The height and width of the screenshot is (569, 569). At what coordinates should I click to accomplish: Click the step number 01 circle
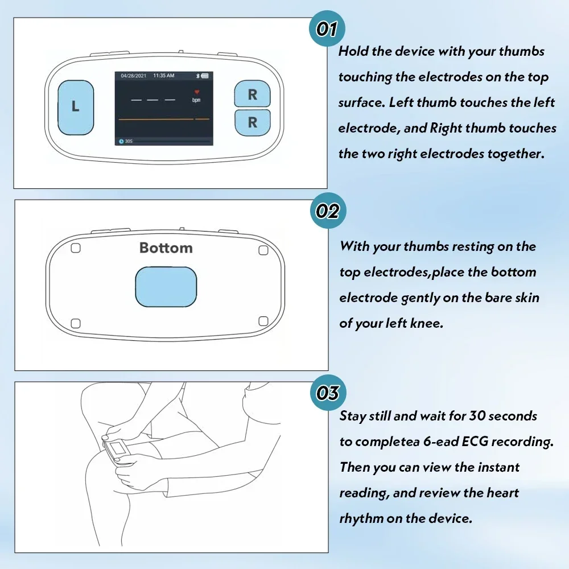(327, 28)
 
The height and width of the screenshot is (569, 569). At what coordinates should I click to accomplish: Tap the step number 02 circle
(328, 211)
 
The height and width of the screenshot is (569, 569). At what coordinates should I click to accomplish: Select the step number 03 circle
(328, 393)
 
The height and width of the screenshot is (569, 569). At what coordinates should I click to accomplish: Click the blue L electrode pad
(76, 108)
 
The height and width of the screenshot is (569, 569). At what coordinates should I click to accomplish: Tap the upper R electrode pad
(252, 94)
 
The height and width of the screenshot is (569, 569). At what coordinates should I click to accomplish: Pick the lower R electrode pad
(252, 122)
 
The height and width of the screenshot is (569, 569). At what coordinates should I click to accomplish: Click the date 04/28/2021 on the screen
(134, 76)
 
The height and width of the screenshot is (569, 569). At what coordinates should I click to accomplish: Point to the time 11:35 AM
(164, 76)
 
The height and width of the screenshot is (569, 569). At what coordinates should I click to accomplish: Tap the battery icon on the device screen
(205, 76)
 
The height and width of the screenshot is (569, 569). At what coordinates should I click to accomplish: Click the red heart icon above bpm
(197, 92)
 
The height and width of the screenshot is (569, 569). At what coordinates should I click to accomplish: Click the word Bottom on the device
(166, 248)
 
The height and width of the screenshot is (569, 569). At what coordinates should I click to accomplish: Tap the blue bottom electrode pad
(166, 287)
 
